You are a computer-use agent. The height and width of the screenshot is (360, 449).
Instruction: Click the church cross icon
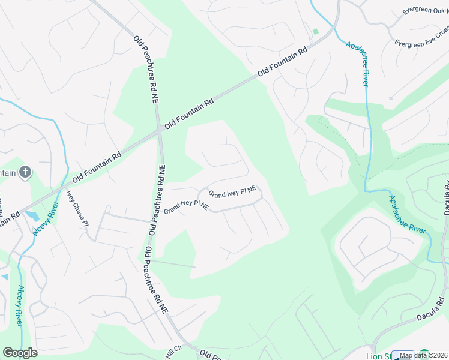tap(25, 173)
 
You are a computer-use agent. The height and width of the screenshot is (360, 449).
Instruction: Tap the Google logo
tap(20, 353)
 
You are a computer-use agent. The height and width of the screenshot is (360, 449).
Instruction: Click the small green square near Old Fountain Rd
tap(315, 31)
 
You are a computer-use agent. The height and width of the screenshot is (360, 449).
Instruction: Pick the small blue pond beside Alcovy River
tap(31, 215)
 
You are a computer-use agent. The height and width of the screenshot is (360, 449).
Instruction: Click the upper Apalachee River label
tap(356, 63)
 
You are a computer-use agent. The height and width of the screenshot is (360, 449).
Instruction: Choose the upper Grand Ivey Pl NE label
tap(232, 192)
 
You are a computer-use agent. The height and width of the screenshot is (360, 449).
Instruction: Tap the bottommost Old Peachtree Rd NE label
tap(155, 280)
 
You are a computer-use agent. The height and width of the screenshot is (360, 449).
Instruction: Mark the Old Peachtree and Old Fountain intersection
tap(160, 128)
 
